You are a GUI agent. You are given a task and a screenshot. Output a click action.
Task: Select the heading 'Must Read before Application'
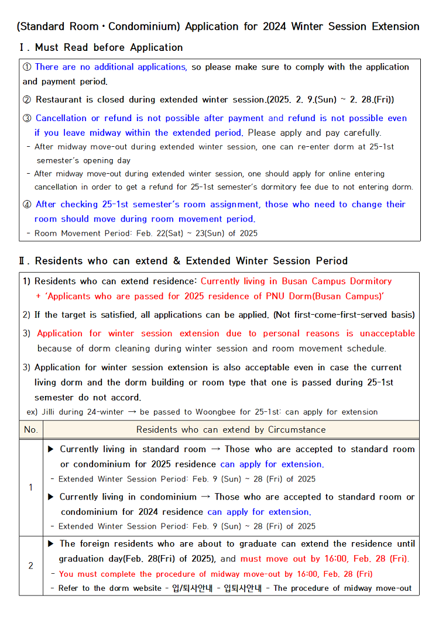109,47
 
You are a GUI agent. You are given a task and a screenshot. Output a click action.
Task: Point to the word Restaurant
57,100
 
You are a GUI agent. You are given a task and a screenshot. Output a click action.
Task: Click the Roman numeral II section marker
24,261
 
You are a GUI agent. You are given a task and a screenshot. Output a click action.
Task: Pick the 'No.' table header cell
30,430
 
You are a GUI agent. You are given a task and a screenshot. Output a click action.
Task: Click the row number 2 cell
30,566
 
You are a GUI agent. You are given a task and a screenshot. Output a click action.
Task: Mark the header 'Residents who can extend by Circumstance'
231,430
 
